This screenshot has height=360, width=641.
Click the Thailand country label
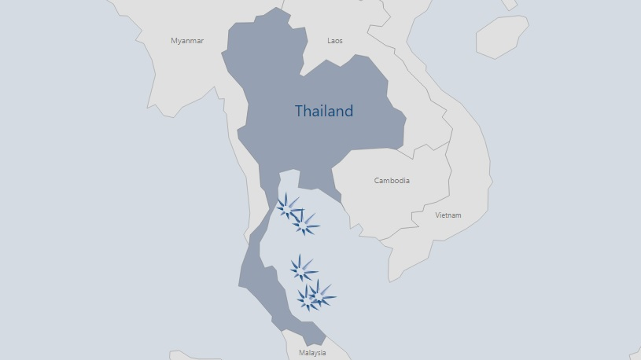click(x=323, y=111)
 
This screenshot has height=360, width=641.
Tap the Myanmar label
click(x=187, y=40)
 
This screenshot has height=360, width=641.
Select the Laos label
click(x=335, y=40)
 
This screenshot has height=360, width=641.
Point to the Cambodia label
click(x=392, y=180)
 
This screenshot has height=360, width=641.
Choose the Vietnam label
click(x=448, y=215)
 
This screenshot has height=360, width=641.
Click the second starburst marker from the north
click(x=304, y=225)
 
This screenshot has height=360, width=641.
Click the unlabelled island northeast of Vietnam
click(x=502, y=35)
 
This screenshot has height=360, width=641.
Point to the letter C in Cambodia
click(x=377, y=180)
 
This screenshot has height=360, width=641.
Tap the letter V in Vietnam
click(x=437, y=215)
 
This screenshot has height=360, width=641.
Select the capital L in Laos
click(x=330, y=40)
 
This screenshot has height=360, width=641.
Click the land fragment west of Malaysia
click(x=189, y=355)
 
